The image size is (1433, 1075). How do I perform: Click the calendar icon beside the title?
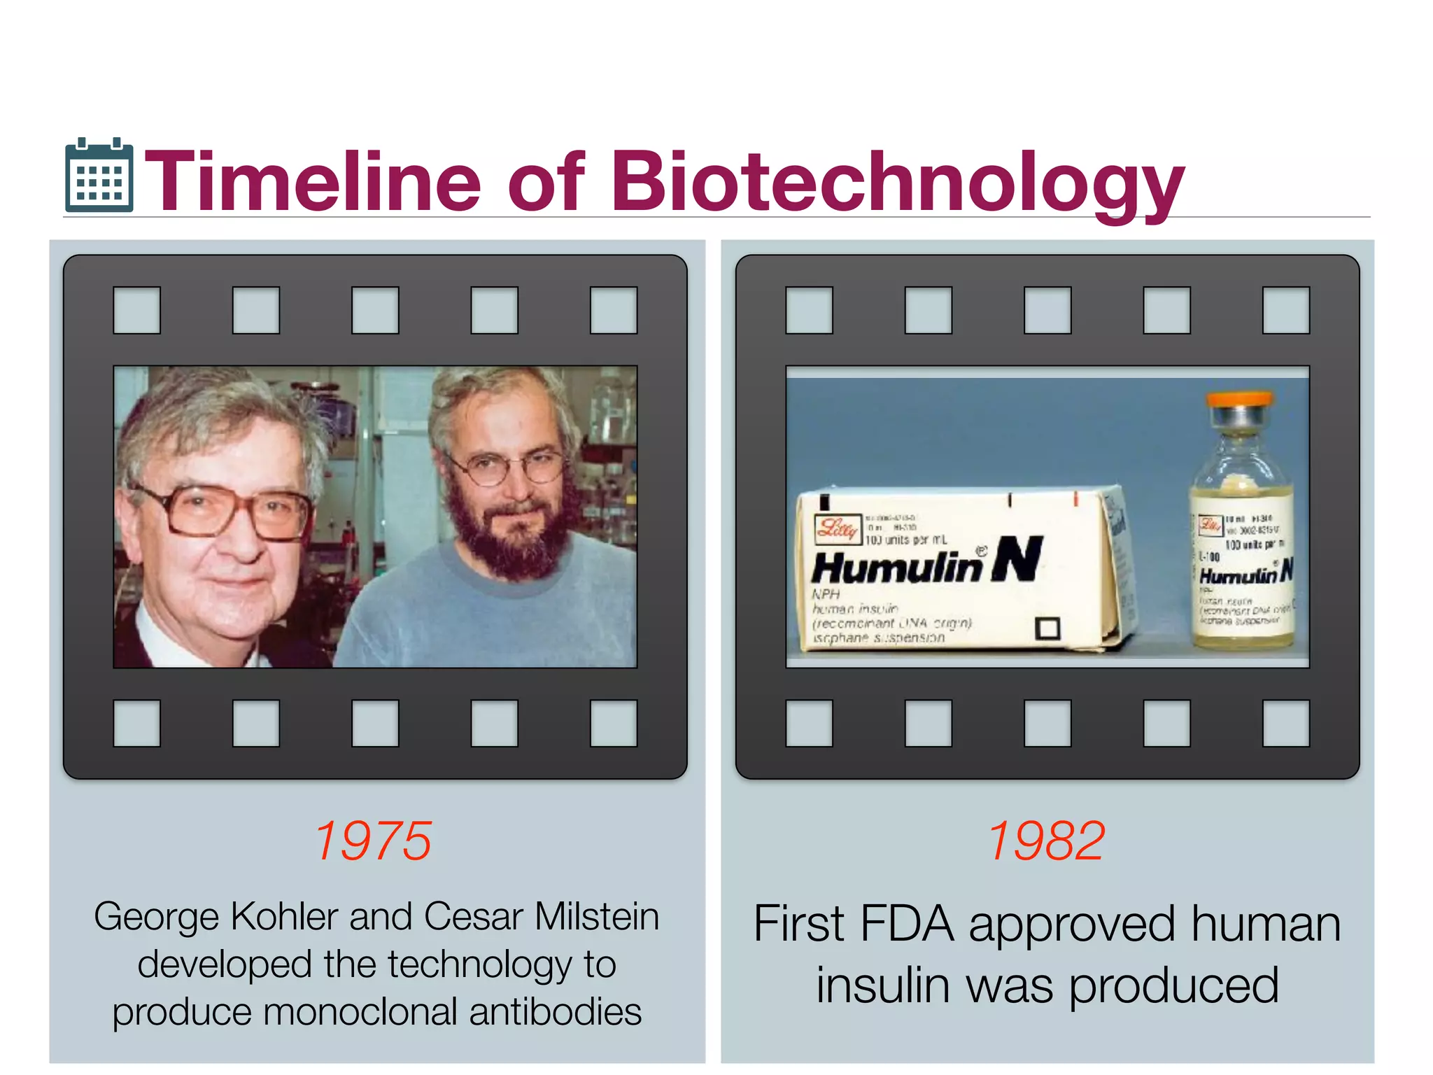[x=99, y=176]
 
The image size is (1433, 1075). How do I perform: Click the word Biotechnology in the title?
[x=898, y=182]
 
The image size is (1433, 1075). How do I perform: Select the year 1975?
[x=374, y=841]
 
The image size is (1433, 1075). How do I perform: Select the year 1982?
[x=1047, y=841]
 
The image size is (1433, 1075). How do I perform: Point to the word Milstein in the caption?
[x=597, y=916]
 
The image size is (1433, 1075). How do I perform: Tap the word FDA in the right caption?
[x=907, y=924]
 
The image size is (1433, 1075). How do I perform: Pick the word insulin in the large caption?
[x=883, y=985]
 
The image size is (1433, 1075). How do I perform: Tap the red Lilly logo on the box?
[x=837, y=529]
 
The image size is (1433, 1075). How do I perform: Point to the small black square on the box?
[x=1047, y=628]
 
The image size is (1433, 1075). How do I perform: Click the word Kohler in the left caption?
[x=287, y=916]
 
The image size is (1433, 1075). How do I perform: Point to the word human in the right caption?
[x=1266, y=924]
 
